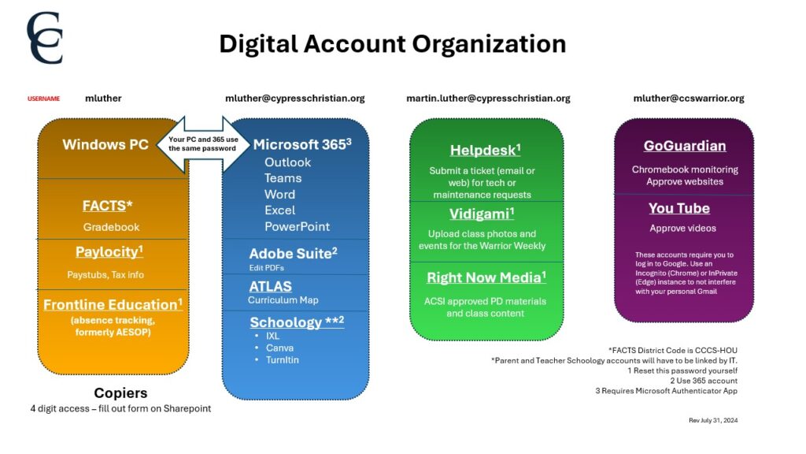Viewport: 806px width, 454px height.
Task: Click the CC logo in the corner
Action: [45, 38]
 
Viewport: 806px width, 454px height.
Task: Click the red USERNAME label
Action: [44, 99]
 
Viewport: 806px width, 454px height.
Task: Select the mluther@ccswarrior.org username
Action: [688, 99]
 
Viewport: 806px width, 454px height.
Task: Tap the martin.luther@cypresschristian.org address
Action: [488, 99]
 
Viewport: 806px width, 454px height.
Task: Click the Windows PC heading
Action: [105, 144]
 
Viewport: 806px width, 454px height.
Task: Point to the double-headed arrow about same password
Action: [204, 143]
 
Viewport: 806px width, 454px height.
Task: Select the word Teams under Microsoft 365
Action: [283, 178]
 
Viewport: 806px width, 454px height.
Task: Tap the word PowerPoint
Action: [297, 226]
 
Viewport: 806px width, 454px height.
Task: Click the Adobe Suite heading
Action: [293, 253]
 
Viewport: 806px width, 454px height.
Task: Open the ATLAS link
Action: [271, 286]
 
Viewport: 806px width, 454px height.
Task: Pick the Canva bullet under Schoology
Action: [279, 348]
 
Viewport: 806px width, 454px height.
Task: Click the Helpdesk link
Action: [485, 150]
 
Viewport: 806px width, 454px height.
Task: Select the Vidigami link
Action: [482, 214]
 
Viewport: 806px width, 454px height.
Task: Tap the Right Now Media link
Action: [486, 277]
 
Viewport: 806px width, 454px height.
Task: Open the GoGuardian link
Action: [685, 146]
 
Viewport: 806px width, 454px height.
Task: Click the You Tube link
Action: [679, 208]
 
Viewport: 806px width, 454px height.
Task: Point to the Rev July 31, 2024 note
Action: [713, 421]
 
